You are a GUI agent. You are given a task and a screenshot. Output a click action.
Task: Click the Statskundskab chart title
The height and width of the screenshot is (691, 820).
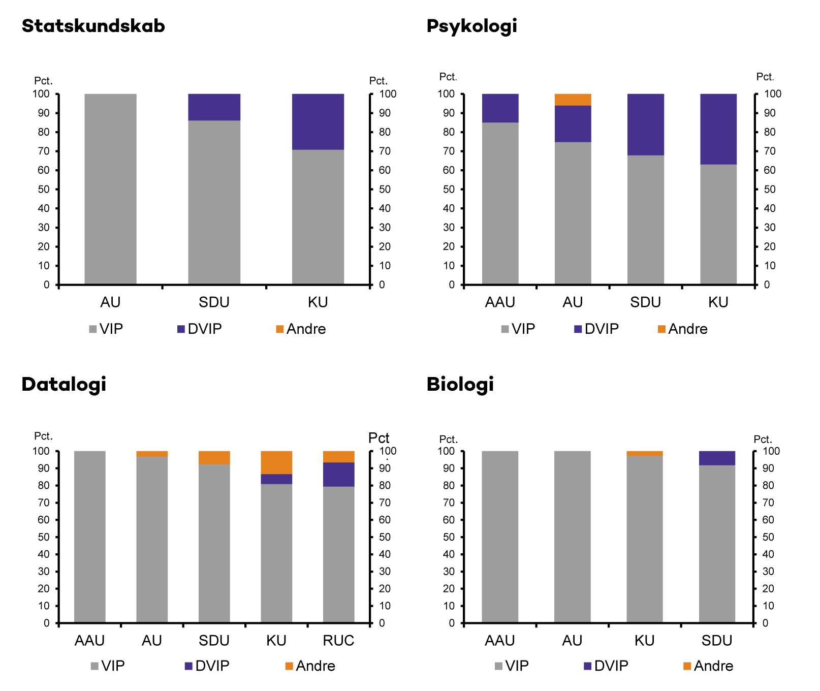pyautogui.click(x=93, y=26)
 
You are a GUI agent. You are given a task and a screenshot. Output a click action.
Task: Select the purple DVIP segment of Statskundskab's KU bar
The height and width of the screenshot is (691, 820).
pyautogui.click(x=318, y=121)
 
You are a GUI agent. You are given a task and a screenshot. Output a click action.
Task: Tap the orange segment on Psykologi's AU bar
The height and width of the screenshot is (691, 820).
pyautogui.click(x=573, y=100)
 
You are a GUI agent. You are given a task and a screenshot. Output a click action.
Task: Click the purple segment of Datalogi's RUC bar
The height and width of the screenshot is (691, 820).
pyautogui.click(x=339, y=474)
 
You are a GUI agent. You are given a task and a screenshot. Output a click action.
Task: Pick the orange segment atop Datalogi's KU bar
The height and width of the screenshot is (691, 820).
pyautogui.click(x=276, y=462)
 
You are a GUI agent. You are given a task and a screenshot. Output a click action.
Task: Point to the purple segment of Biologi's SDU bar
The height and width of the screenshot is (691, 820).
pyautogui.click(x=717, y=458)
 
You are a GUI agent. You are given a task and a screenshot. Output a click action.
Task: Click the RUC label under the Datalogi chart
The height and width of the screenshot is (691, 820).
pyautogui.click(x=338, y=640)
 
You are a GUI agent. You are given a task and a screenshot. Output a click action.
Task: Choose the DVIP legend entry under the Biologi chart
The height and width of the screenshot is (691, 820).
pyautogui.click(x=606, y=666)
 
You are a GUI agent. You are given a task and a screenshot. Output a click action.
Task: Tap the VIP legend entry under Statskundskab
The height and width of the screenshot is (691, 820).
pyautogui.click(x=106, y=329)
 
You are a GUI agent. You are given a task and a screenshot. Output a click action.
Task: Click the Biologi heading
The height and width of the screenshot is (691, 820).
pyautogui.click(x=460, y=384)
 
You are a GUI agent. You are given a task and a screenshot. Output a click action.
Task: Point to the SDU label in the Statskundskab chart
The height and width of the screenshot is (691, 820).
pyautogui.click(x=214, y=302)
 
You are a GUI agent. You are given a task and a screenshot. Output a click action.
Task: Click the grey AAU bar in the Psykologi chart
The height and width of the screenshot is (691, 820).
pyautogui.click(x=500, y=203)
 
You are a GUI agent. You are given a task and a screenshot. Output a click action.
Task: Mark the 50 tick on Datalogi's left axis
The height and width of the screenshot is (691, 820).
pyautogui.click(x=44, y=537)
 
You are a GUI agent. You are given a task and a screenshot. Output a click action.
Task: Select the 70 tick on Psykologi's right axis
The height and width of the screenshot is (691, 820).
pyautogui.click(x=770, y=151)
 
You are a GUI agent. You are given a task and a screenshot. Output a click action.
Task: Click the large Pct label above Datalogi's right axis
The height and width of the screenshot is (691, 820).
pyautogui.click(x=379, y=438)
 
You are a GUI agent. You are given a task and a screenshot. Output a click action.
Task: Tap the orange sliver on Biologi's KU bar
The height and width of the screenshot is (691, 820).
pyautogui.click(x=644, y=453)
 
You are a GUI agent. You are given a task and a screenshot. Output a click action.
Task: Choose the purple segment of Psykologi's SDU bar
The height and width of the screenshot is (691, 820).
pyautogui.click(x=645, y=124)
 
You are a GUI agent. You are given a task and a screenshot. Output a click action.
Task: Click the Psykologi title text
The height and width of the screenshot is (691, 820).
pyautogui.click(x=471, y=26)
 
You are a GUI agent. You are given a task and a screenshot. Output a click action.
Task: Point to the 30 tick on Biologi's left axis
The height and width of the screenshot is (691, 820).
pyautogui.click(x=449, y=571)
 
